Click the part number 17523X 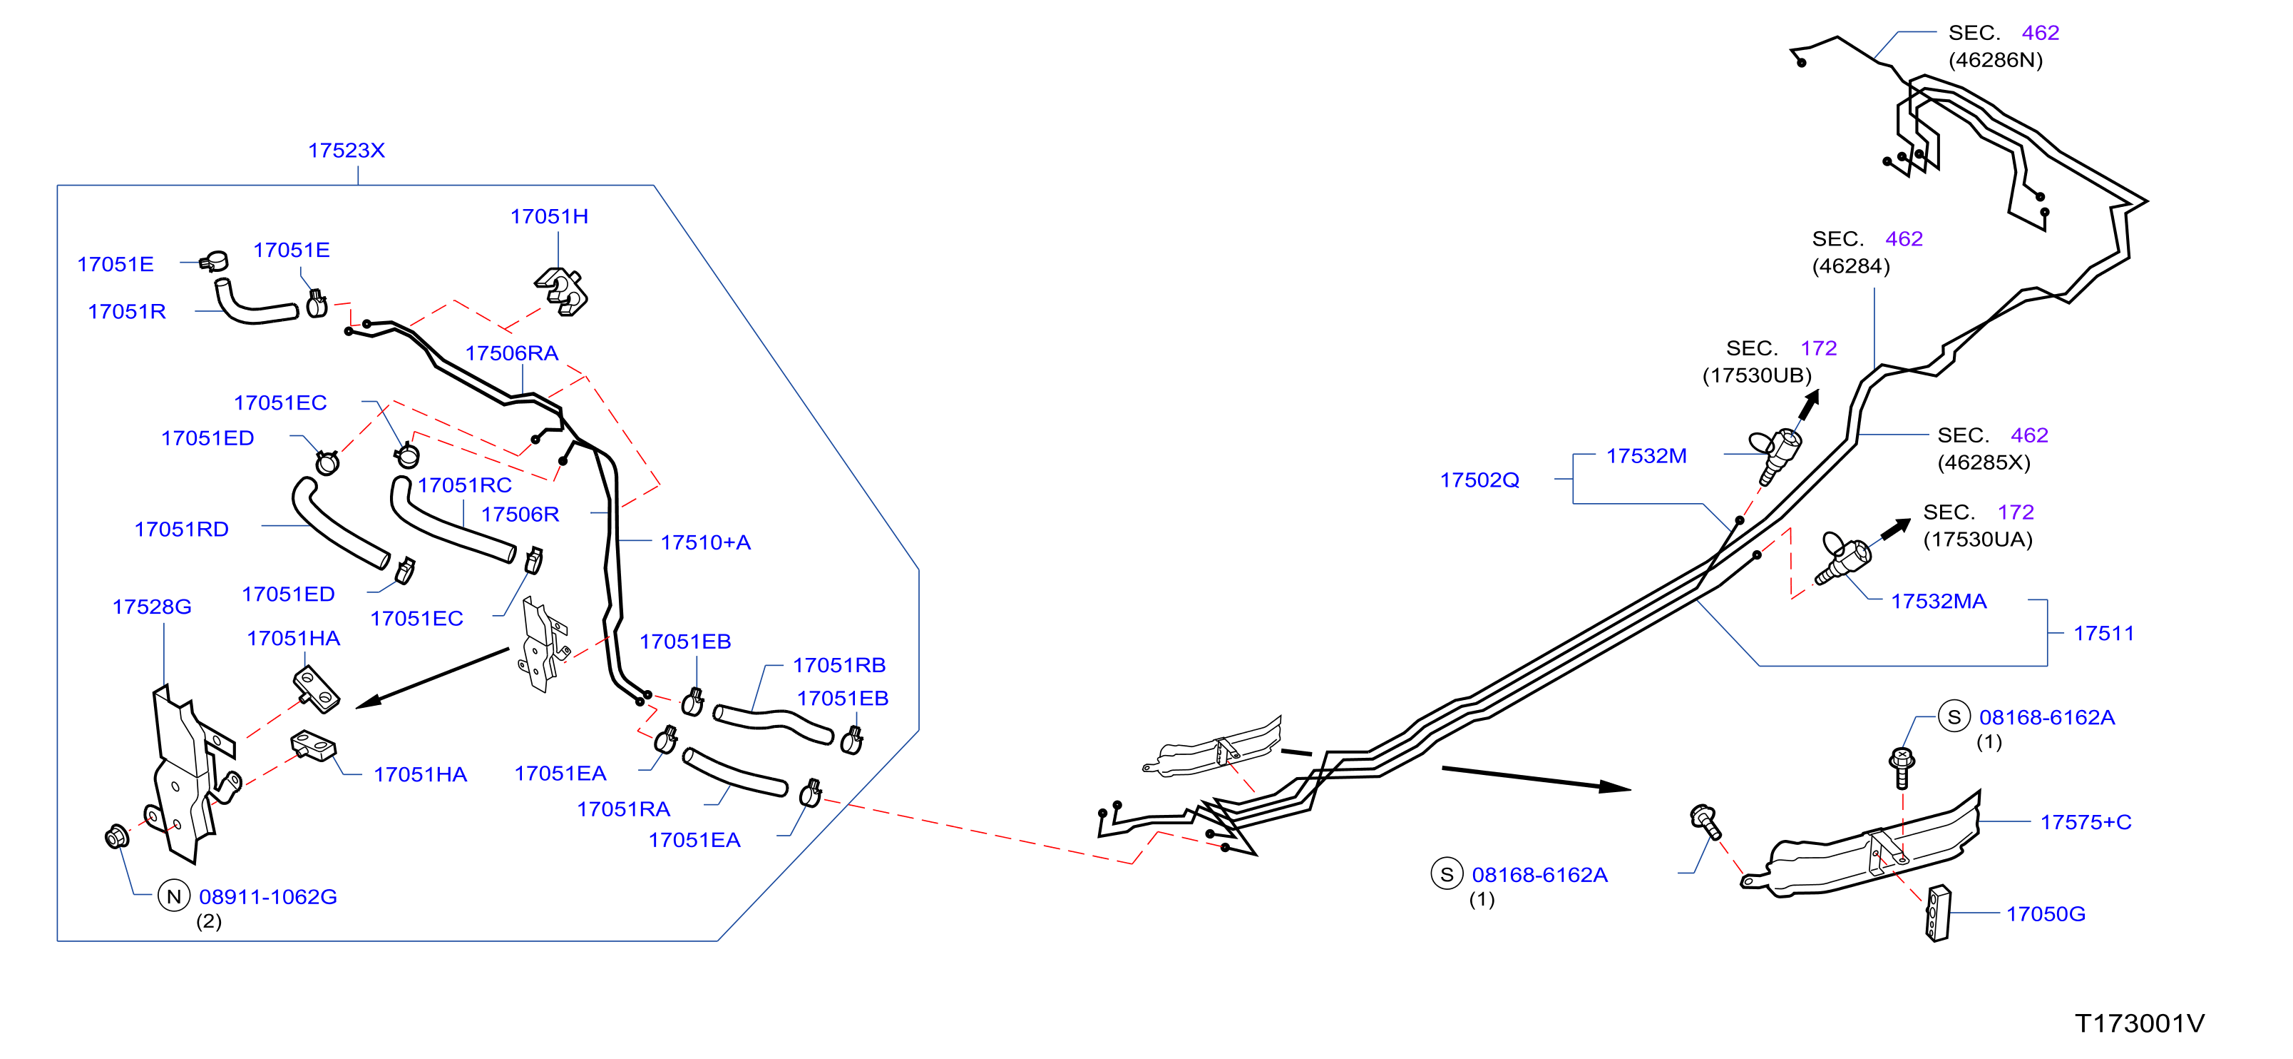347,151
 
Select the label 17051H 549,216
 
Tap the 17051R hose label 126,312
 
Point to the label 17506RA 512,353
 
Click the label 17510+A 706,542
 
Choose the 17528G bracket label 152,607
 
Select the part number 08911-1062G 268,897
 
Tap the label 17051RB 839,665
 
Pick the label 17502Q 1479,480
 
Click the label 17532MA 1939,601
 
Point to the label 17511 2104,633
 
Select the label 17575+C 2086,822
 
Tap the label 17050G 2046,914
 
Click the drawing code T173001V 2140,1023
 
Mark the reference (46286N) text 1996,60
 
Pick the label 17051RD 182,529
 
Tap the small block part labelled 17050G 1938,913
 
